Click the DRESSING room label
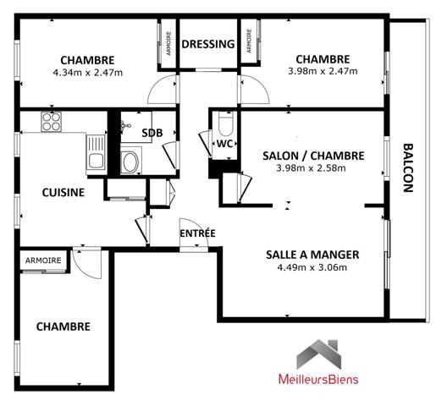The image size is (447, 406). coord(208,44)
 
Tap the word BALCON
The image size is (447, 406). coord(407,169)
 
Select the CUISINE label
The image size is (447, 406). coord(63,192)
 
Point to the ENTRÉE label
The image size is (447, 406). coord(197,233)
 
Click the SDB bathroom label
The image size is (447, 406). coord(152,133)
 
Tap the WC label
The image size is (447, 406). coord(224,144)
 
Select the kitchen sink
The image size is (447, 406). coord(95,153)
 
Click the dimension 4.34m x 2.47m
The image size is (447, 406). coord(87,72)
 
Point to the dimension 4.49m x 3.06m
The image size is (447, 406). coord(312,268)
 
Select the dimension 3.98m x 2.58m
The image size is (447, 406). coord(313,167)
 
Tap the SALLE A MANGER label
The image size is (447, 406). coord(312,255)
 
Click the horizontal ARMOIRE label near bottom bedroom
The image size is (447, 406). coord(42,261)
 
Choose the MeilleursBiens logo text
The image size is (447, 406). coord(318,379)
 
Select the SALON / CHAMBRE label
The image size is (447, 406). coord(313,156)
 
